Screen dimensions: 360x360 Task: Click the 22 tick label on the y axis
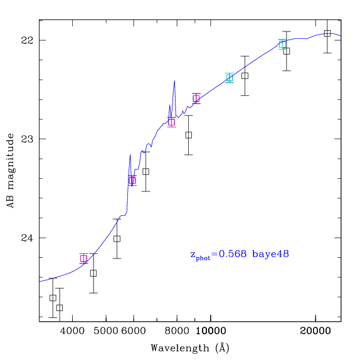(x=27, y=40)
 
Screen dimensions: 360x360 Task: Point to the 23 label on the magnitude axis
(x=27, y=139)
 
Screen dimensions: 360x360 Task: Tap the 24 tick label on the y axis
(x=27, y=238)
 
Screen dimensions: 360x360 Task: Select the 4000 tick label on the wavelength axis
(x=72, y=331)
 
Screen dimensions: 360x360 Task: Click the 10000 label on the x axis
(x=211, y=331)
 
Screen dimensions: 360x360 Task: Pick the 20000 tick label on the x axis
(x=315, y=331)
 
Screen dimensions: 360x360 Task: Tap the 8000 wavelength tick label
(x=177, y=331)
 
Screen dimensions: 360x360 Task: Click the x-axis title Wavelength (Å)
(x=190, y=348)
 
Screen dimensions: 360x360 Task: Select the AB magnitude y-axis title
(x=11, y=171)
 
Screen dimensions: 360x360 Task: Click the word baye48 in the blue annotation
(x=270, y=254)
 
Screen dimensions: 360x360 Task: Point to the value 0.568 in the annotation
(x=233, y=254)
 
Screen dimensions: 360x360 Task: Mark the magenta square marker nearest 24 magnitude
(x=83, y=259)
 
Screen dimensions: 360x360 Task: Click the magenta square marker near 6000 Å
(x=132, y=181)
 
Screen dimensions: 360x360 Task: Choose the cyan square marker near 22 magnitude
(x=282, y=45)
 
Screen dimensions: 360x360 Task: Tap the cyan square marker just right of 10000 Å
(x=230, y=78)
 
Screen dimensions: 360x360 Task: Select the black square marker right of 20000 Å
(x=327, y=33)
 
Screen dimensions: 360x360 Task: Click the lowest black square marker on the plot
(x=60, y=308)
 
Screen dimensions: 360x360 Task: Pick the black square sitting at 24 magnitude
(x=117, y=239)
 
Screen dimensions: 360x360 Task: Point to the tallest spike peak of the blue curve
(x=175, y=80)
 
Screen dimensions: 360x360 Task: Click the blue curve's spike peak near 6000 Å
(x=130, y=154)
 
